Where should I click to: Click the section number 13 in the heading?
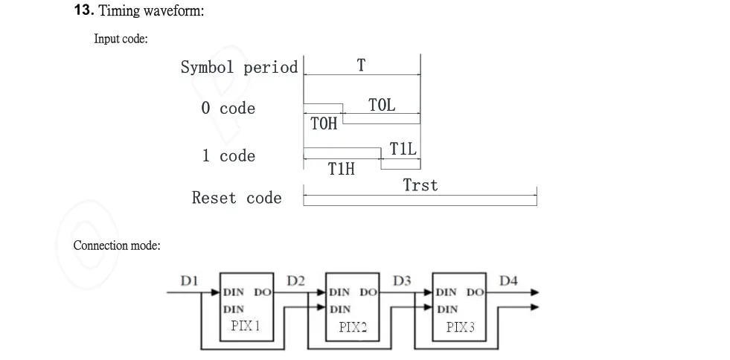84,10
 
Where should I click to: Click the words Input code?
120,39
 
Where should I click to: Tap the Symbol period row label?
240,68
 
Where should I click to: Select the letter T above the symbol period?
361,65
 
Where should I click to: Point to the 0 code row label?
228,109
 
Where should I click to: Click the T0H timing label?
324,123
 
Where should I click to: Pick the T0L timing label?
382,105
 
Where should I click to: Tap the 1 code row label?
228,155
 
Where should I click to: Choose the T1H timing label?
342,169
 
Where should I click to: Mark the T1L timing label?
403,149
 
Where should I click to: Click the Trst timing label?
420,185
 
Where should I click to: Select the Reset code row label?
237,198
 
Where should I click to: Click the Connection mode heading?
116,245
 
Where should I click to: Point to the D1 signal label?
190,281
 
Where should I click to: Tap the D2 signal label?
295,281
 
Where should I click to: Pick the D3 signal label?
403,281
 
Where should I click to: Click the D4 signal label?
508,281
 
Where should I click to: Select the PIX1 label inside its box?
246,326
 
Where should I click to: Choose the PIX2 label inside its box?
353,327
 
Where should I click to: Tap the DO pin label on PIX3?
476,292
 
